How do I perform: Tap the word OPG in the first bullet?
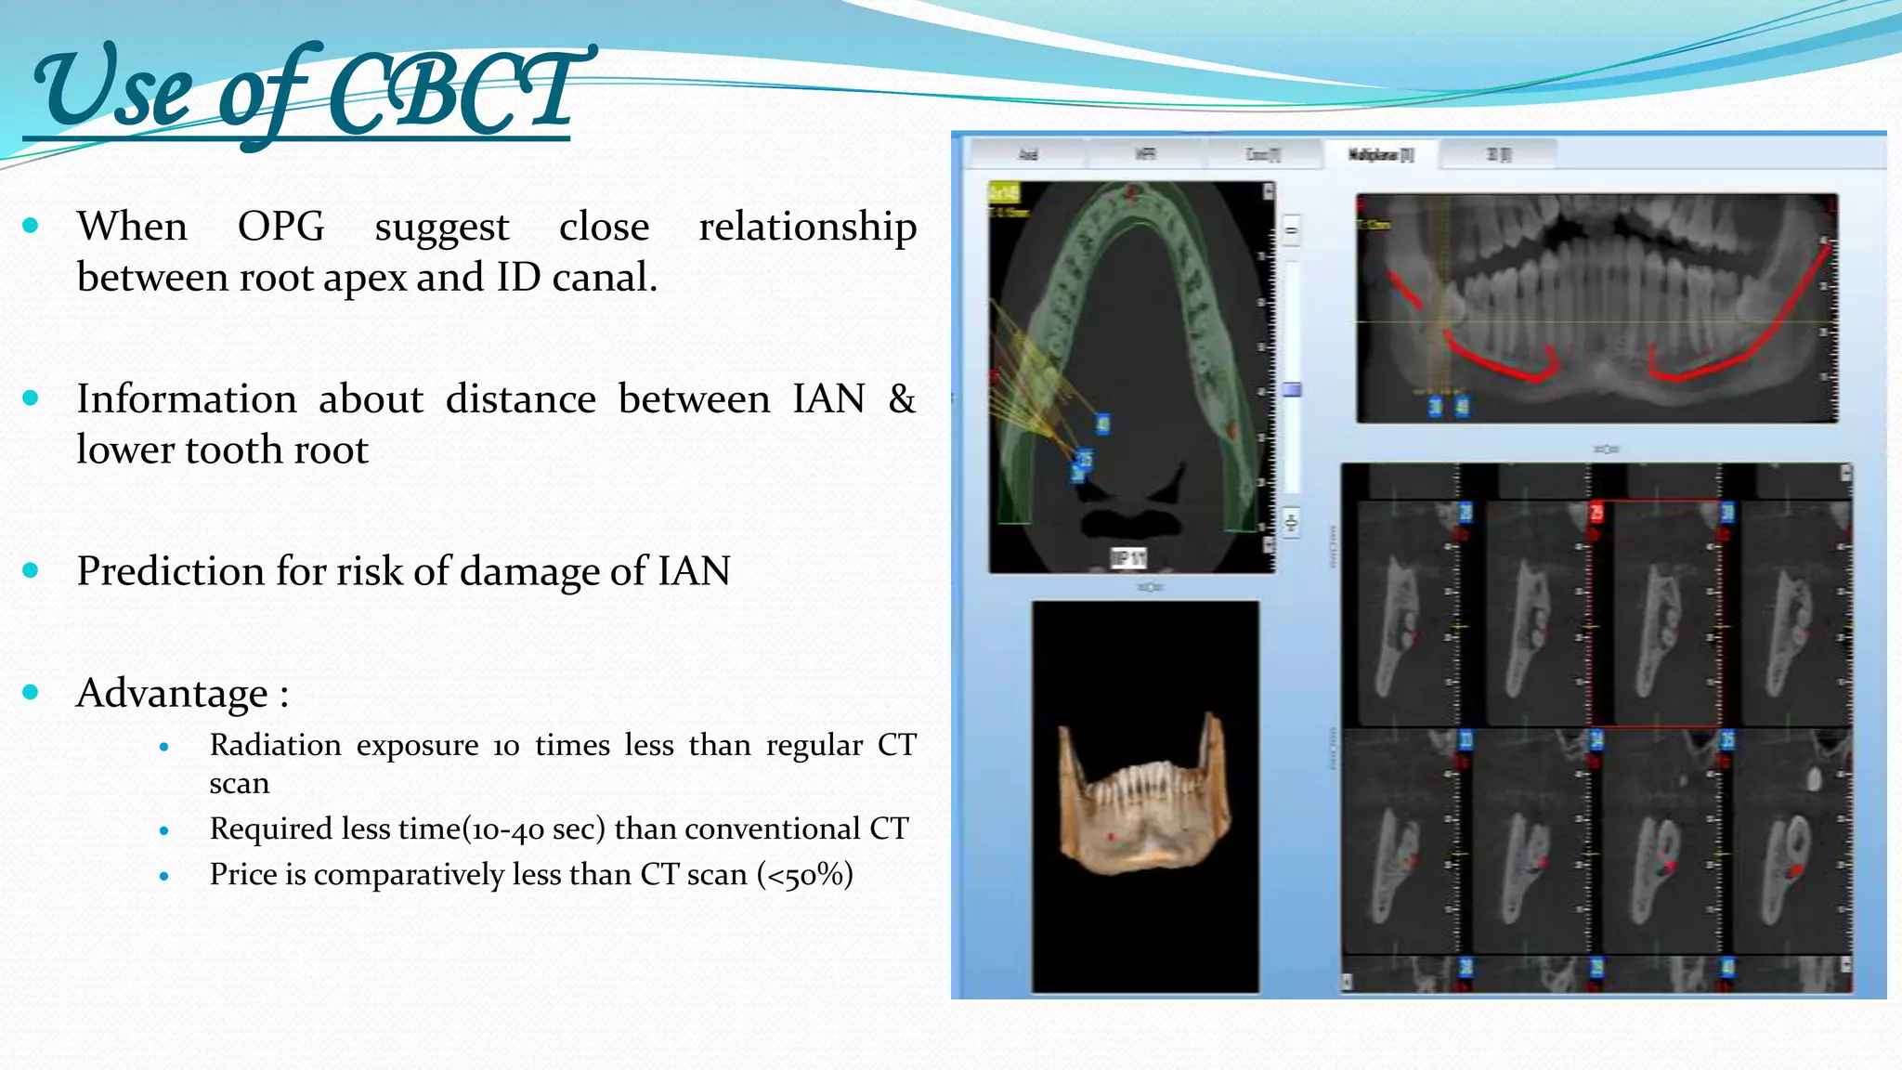(280, 226)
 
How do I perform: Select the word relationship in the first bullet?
(807, 226)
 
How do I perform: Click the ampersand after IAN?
(901, 398)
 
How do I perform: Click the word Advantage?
(173, 693)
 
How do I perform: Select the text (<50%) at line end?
(804, 874)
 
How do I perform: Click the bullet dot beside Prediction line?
(31, 570)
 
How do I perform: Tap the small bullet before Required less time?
(164, 830)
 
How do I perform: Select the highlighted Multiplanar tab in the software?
(1380, 154)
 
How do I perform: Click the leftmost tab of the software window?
(1027, 154)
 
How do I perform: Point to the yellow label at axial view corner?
(1004, 192)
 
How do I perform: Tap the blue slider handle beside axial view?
(1292, 390)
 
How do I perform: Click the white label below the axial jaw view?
(1128, 558)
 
